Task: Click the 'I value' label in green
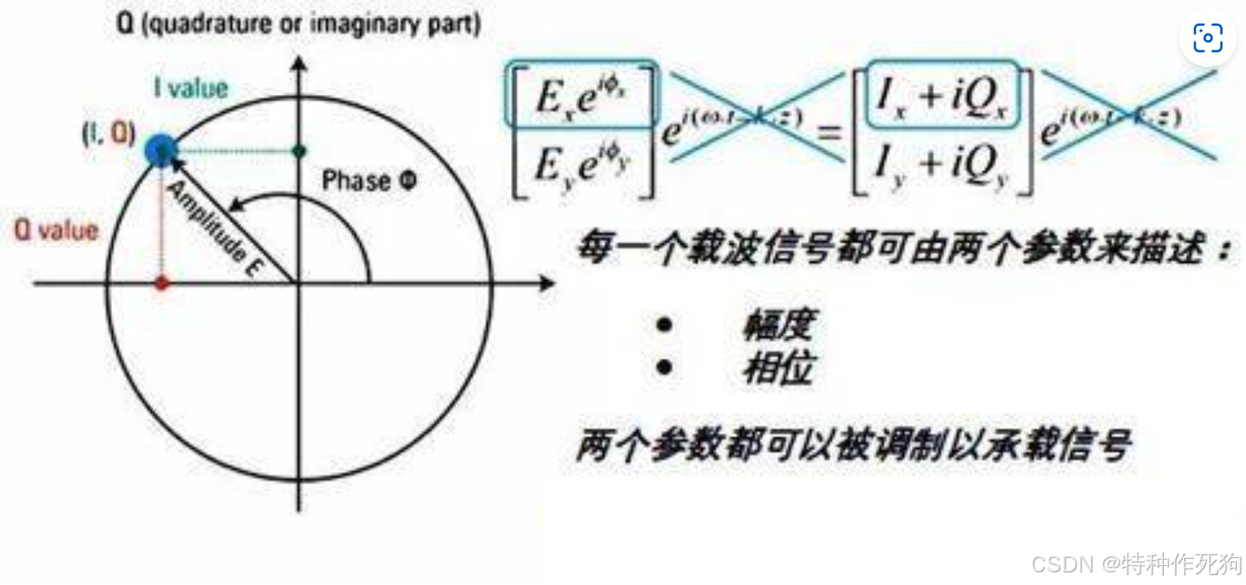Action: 191,88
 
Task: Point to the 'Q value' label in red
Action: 55,231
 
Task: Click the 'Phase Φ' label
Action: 369,181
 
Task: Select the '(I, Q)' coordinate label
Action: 108,135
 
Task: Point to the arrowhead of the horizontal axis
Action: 547,284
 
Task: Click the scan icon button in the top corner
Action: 1207,37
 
